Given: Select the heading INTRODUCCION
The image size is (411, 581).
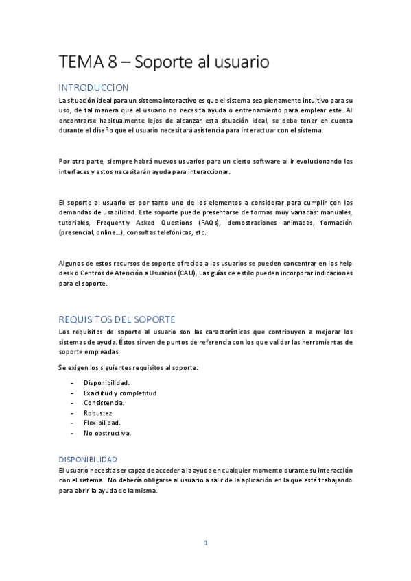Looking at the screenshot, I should tap(93, 88).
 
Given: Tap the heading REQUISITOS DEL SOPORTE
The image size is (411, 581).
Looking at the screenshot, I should tap(117, 319).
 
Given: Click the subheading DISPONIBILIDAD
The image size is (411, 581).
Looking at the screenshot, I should tap(88, 459).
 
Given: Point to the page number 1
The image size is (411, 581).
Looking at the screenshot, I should tap(205, 543).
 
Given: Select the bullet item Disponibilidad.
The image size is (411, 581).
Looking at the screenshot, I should tap(106, 382).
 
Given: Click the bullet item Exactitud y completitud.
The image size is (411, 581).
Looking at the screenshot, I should tap(121, 393).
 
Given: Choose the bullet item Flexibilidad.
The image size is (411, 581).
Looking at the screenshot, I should tap(102, 423).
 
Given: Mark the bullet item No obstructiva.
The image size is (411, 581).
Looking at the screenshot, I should tap(107, 433).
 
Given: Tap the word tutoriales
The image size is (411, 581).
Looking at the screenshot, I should tap(73, 223).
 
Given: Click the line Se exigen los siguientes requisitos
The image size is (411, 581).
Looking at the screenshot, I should tap(128, 368).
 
